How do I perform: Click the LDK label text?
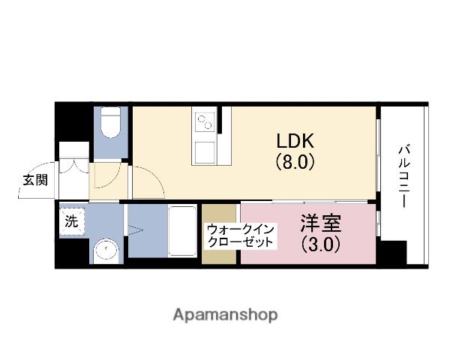pos(295,141)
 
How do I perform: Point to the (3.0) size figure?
pos(320,244)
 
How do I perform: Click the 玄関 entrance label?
pos(34,180)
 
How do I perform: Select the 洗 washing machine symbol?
pos(72,221)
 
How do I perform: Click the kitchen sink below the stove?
pos(203,150)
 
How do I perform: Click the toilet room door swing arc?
pos(105,180)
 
